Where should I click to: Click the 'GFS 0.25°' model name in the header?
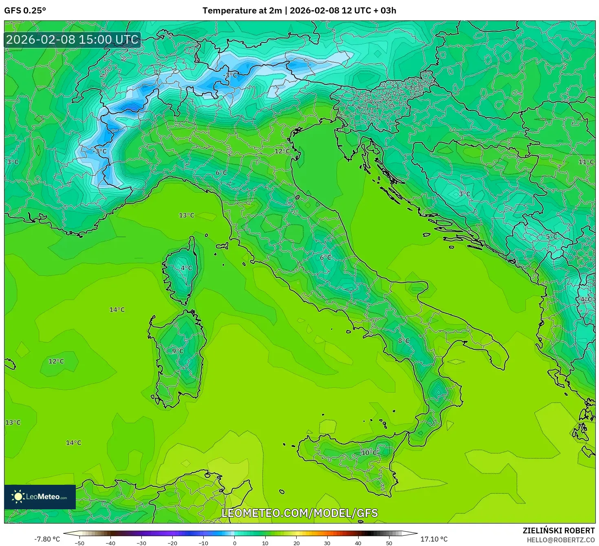coord(25,11)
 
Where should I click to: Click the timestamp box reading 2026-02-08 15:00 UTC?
coord(73,40)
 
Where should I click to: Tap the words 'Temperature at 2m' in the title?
coord(242,11)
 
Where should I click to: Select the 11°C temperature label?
coord(586,162)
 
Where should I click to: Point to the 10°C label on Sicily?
coord(369,453)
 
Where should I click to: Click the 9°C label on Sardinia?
coord(178,351)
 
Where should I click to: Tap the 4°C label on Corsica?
coord(186,268)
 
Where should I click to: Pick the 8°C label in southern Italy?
coord(403,341)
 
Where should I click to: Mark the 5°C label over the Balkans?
coord(551,236)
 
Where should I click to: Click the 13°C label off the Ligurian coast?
coord(187,215)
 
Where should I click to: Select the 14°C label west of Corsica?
coord(117,310)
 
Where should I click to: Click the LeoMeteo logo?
coord(40,497)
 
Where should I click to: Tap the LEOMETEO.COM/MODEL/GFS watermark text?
coord(299,513)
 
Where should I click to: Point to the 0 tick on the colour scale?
coord(234,543)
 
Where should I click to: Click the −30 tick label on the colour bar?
coord(141,543)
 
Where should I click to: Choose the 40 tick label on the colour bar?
coord(358,543)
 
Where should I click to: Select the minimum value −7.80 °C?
coord(47,539)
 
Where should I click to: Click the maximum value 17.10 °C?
coord(434,539)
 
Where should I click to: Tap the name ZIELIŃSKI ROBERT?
coord(559,530)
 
